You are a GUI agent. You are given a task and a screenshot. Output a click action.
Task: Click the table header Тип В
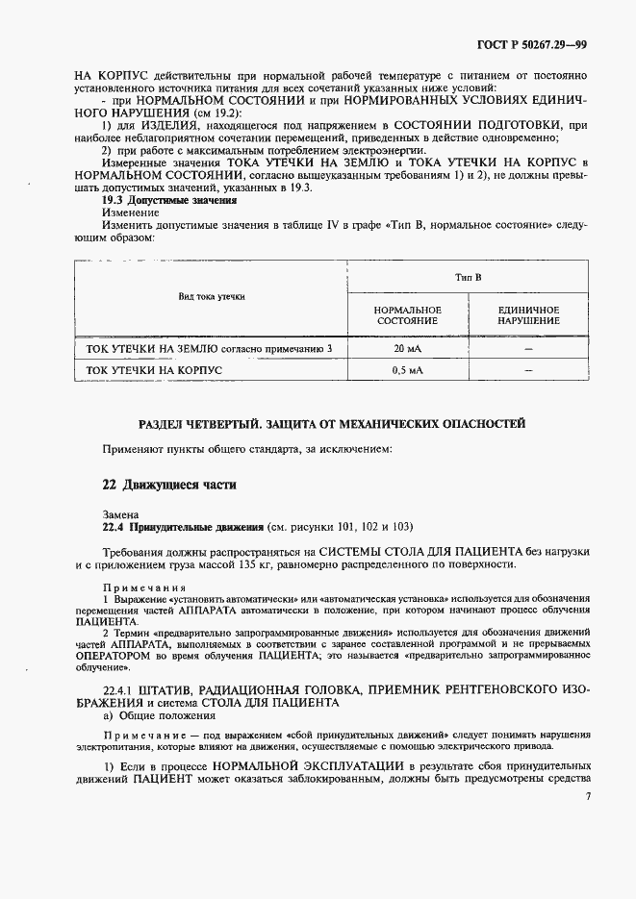[468, 277]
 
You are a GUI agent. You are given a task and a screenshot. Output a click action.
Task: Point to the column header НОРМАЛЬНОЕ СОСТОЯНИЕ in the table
[407, 315]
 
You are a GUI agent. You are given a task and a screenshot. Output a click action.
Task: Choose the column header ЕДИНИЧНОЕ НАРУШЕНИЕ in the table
[527, 315]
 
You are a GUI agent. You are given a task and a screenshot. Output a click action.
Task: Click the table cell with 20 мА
[407, 348]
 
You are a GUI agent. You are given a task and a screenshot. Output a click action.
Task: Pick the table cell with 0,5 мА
[407, 369]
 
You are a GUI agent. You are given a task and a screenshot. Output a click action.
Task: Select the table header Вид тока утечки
[212, 298]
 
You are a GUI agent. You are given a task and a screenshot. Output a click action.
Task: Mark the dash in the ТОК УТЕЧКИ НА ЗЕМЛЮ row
[527, 348]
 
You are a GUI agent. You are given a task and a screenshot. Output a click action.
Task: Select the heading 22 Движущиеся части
[169, 485]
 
